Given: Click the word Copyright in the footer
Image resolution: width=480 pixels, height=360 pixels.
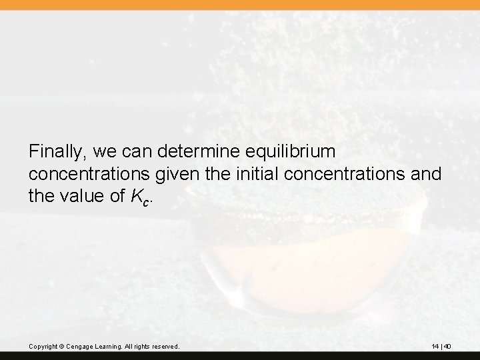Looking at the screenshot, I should (x=43, y=347).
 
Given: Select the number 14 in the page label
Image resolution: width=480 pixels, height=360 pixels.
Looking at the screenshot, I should (x=435, y=347).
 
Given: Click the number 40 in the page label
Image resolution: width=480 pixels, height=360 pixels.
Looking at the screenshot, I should (x=447, y=347).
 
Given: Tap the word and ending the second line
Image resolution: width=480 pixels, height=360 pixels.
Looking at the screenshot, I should (x=427, y=174).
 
